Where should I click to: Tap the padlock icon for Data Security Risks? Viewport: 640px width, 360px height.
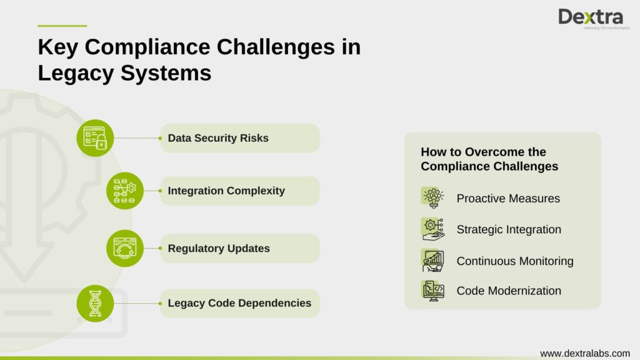(x=95, y=137)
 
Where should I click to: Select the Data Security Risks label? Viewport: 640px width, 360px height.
(x=218, y=138)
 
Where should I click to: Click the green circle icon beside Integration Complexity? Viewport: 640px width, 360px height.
(x=125, y=191)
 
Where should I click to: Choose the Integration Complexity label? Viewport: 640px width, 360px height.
(x=226, y=191)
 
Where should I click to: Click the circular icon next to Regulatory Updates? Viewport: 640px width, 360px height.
(x=125, y=248)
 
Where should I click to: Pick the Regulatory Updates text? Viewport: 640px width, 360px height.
(x=219, y=249)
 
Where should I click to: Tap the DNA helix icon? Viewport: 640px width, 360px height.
(x=95, y=303)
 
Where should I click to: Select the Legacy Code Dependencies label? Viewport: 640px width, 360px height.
(x=239, y=303)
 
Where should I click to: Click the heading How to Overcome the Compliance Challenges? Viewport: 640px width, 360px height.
(x=489, y=159)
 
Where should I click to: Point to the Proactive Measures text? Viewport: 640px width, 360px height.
(x=508, y=199)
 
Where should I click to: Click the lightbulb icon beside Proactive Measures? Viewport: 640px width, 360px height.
(x=432, y=197)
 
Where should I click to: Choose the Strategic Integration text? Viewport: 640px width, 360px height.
(x=509, y=229)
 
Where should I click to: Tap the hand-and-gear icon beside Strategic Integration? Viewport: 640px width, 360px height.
(x=432, y=229)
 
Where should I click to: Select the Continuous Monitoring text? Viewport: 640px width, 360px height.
(x=515, y=261)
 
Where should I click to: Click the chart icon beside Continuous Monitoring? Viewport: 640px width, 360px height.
(x=432, y=260)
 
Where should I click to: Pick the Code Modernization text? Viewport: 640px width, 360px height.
(x=509, y=291)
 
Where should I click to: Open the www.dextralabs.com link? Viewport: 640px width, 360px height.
(x=585, y=353)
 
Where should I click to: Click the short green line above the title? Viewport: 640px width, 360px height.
(x=62, y=26)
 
